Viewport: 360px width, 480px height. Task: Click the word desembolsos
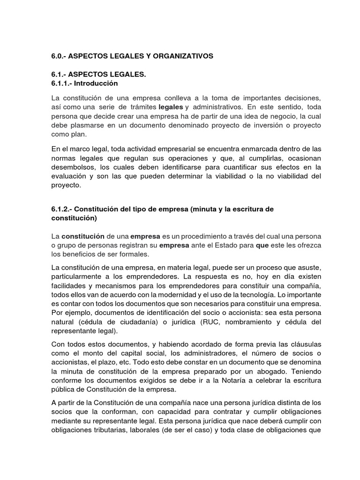coord(72,167)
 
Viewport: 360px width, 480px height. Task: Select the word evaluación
coord(69,176)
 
